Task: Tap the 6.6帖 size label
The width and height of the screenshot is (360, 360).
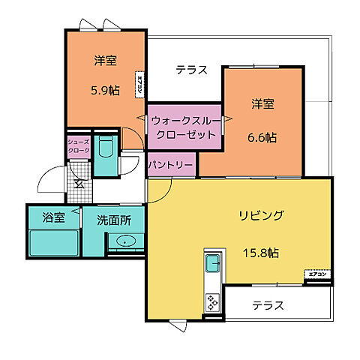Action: point(262,137)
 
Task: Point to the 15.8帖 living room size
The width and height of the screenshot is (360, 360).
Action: point(259,253)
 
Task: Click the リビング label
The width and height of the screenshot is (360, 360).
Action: point(261,216)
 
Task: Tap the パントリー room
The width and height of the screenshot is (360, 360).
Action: point(170,164)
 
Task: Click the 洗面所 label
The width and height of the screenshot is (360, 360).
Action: point(113,220)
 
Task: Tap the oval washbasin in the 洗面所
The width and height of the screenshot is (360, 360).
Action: point(125,241)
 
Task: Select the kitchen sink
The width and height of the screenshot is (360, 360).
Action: point(211,262)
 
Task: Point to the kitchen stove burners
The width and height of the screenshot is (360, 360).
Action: point(211,302)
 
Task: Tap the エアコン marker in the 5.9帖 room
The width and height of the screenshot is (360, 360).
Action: point(140,84)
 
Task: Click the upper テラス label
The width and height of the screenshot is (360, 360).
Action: point(191,70)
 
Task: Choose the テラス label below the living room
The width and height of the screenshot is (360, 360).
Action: point(268,305)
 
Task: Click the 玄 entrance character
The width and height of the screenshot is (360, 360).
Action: point(78,184)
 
